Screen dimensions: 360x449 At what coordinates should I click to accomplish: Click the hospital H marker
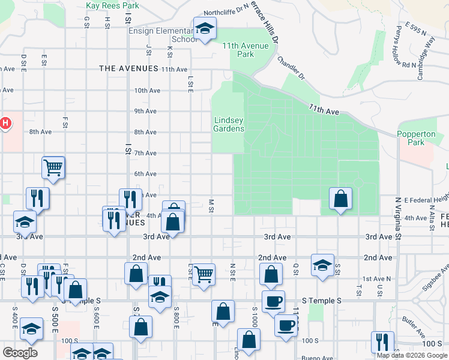click(5, 124)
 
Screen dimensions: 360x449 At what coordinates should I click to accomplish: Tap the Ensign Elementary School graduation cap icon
click(205, 28)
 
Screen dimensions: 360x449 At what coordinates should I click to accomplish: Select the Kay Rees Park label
click(112, 5)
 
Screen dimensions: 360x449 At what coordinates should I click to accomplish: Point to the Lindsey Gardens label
click(229, 124)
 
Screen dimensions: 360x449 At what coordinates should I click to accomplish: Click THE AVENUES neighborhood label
click(128, 69)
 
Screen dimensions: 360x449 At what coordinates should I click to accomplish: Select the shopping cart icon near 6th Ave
click(53, 167)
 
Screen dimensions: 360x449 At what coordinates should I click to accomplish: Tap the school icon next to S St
click(322, 264)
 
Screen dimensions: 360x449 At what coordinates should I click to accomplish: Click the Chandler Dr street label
click(292, 68)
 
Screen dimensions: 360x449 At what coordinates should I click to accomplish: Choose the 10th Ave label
click(147, 91)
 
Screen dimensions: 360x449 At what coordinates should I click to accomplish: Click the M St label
click(211, 206)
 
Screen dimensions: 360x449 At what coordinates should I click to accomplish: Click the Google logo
click(20, 353)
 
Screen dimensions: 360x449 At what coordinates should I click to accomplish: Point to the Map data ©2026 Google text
click(412, 355)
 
